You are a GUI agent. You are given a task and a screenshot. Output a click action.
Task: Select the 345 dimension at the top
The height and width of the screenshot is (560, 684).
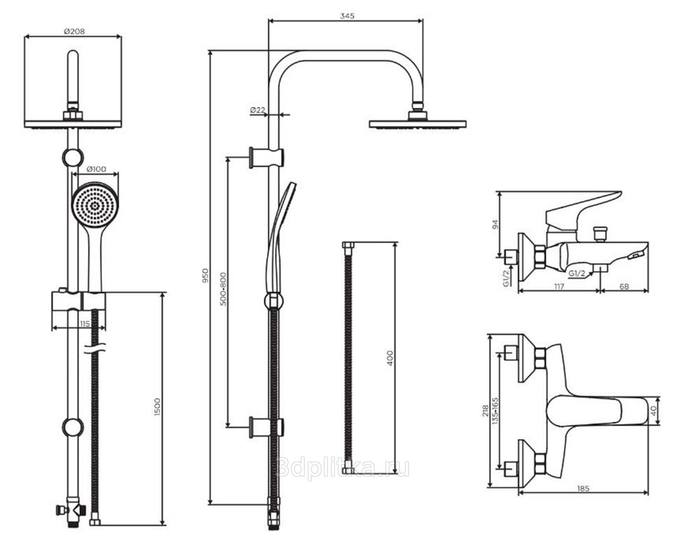coord(346,15)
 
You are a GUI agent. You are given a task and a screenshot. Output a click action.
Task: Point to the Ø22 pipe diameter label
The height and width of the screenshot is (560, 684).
coord(257,110)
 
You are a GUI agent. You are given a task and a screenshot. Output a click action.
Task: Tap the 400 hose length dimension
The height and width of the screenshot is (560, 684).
coord(390,358)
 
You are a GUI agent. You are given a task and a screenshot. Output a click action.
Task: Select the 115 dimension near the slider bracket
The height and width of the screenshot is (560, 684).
coord(84,323)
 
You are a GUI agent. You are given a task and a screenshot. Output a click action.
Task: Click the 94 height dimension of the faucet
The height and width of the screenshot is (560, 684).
coord(495,225)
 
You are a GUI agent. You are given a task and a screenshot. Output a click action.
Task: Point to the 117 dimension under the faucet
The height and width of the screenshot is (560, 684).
coord(557,286)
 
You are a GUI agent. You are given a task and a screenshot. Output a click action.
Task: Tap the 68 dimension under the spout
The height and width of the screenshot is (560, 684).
coord(624,286)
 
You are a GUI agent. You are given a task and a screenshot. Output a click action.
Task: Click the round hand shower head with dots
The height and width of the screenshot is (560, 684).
coord(95,204)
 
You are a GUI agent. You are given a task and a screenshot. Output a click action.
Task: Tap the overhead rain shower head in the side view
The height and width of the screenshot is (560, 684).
coord(418,123)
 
